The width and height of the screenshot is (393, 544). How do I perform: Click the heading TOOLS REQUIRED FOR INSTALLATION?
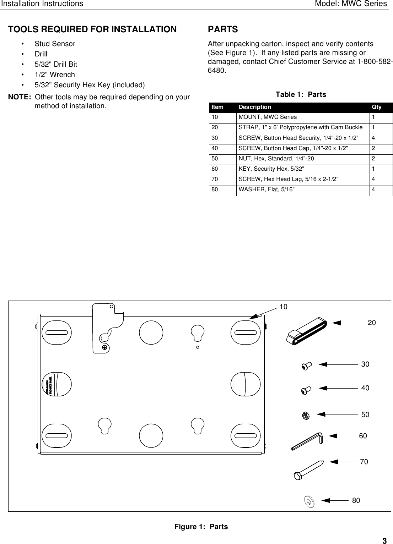[92, 29]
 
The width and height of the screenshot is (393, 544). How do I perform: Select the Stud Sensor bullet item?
[55, 44]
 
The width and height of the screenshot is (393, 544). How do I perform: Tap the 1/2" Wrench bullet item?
[55, 75]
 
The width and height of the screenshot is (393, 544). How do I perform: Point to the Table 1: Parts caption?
[301, 94]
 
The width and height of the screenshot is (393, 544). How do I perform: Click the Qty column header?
[376, 107]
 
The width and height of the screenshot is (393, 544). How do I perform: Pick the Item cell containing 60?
[215, 169]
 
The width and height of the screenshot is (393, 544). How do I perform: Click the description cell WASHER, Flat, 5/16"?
[266, 189]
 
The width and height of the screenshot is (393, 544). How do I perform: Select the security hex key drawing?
[307, 441]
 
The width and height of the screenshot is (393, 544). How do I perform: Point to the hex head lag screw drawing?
[308, 469]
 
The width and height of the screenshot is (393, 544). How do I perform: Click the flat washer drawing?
[308, 501]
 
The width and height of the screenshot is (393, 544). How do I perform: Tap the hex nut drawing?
[305, 415]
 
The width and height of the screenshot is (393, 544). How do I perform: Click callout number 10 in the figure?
[283, 307]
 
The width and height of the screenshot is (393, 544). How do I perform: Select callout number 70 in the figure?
[364, 462]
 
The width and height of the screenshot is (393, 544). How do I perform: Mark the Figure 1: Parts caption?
[201, 527]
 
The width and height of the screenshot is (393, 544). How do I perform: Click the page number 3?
[384, 541]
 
